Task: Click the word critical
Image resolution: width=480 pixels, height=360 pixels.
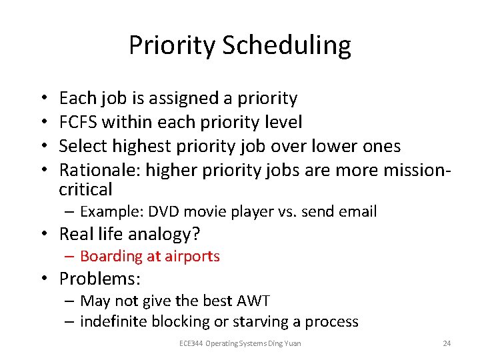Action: tap(86, 189)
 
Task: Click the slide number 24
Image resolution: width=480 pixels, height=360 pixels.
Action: tap(447, 343)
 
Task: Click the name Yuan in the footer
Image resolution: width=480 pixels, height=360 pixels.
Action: tap(292, 343)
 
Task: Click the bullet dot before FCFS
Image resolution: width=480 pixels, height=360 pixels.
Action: tap(44, 122)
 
